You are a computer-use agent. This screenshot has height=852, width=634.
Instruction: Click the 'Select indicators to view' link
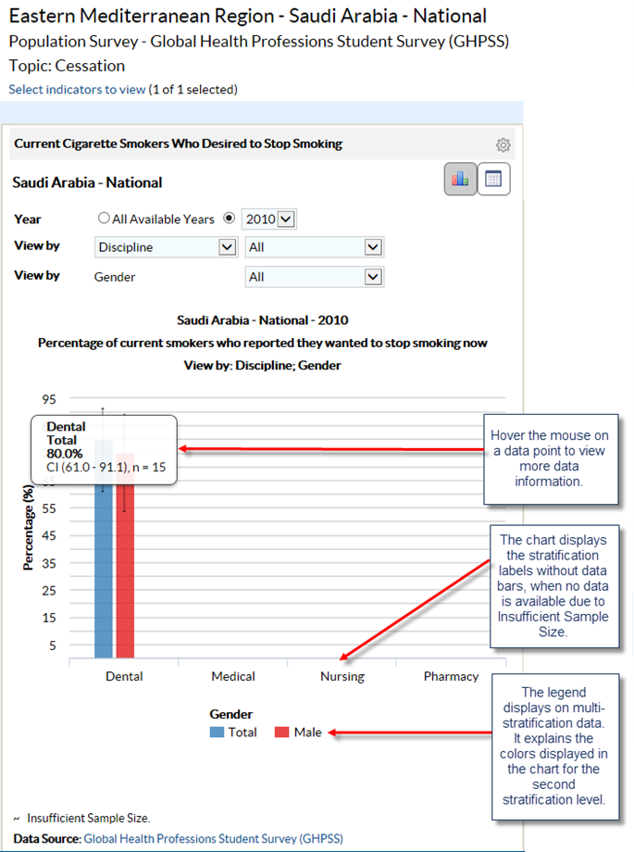[77, 90]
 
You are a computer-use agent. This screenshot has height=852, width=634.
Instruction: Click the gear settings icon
[503, 145]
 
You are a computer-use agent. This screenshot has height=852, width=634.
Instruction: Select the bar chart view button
[460, 180]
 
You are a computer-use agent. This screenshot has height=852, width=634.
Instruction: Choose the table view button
[492, 180]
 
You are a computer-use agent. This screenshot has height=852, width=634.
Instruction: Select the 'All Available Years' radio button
[105, 219]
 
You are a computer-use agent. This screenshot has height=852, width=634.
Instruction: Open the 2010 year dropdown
[268, 219]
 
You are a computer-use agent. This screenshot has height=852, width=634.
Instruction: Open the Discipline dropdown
[167, 247]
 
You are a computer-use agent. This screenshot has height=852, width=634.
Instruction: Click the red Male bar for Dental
[125, 574]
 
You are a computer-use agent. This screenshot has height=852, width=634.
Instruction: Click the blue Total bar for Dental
[104, 574]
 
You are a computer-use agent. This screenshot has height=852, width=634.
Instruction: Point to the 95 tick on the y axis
[49, 399]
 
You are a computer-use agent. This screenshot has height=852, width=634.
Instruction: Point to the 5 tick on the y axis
[53, 645]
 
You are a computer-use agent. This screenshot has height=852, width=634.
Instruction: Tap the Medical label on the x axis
[233, 676]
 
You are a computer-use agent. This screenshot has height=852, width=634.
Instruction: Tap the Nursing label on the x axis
[342, 676]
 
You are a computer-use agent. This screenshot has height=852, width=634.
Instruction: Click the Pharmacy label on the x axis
[452, 676]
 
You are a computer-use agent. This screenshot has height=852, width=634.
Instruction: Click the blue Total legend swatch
[218, 733]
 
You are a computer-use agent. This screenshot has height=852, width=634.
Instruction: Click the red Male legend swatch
[282, 733]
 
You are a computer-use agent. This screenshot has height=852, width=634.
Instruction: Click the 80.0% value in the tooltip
[65, 454]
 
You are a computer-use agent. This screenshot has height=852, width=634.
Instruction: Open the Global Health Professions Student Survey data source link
[213, 838]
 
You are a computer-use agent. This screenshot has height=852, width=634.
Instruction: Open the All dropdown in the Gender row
[315, 277]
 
